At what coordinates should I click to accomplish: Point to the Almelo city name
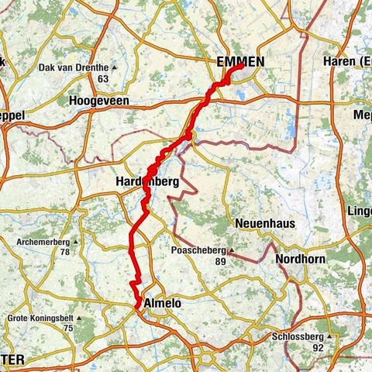(162, 304)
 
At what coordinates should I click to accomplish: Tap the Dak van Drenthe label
(71, 67)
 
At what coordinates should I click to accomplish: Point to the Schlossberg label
(298, 337)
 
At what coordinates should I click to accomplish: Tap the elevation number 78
(65, 253)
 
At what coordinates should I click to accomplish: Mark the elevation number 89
(221, 262)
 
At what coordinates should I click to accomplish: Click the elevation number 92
(317, 348)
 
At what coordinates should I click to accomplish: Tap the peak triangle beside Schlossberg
(330, 337)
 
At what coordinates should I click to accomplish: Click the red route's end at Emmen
(243, 66)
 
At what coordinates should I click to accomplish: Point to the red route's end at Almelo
(138, 308)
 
